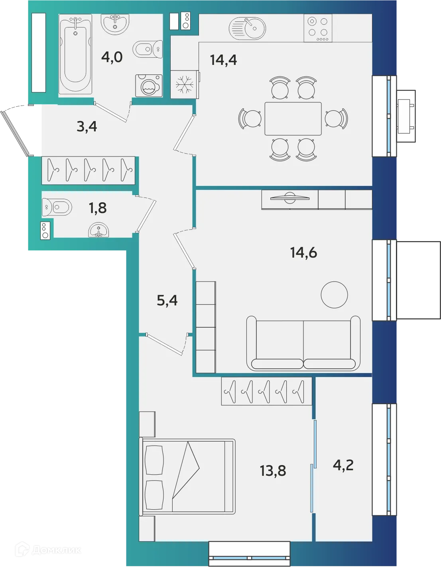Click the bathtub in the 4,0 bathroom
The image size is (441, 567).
coord(75,55)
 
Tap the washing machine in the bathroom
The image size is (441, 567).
coord(149,86)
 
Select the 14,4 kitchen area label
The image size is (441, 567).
coord(223,60)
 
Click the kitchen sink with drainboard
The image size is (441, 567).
coord(247,28)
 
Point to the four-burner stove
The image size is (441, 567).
coord(318,28)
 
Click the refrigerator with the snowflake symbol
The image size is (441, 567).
coord(184,84)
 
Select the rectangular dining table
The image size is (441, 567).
coord(293,119)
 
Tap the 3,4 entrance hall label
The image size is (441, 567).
coord(87,127)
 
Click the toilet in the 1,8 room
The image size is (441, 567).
coord(57,207)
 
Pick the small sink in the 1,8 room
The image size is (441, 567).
coord(98,231)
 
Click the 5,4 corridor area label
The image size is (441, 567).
coord(167,301)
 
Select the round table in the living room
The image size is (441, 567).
coord(334,295)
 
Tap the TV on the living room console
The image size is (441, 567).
coord(290,197)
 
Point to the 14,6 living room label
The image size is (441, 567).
coord(303,252)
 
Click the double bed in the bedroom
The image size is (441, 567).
coord(187,476)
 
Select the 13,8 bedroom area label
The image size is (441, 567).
coord(273,471)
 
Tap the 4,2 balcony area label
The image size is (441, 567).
coord(343,465)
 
